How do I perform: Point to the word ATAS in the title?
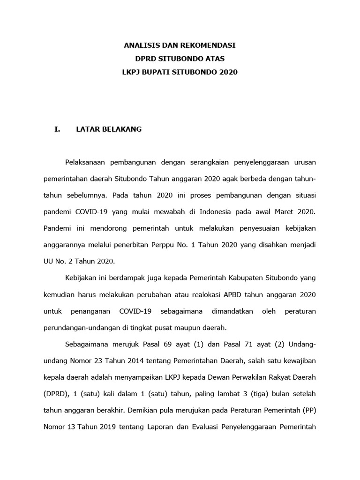coord(215,59)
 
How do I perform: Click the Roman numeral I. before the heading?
coord(58,129)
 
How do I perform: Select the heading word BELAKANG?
coord(120,129)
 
